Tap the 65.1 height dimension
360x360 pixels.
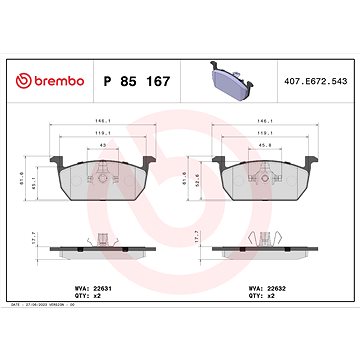point(34,181)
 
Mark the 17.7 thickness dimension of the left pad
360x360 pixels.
point(36,238)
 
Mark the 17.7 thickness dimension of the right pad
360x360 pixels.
point(201,238)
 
